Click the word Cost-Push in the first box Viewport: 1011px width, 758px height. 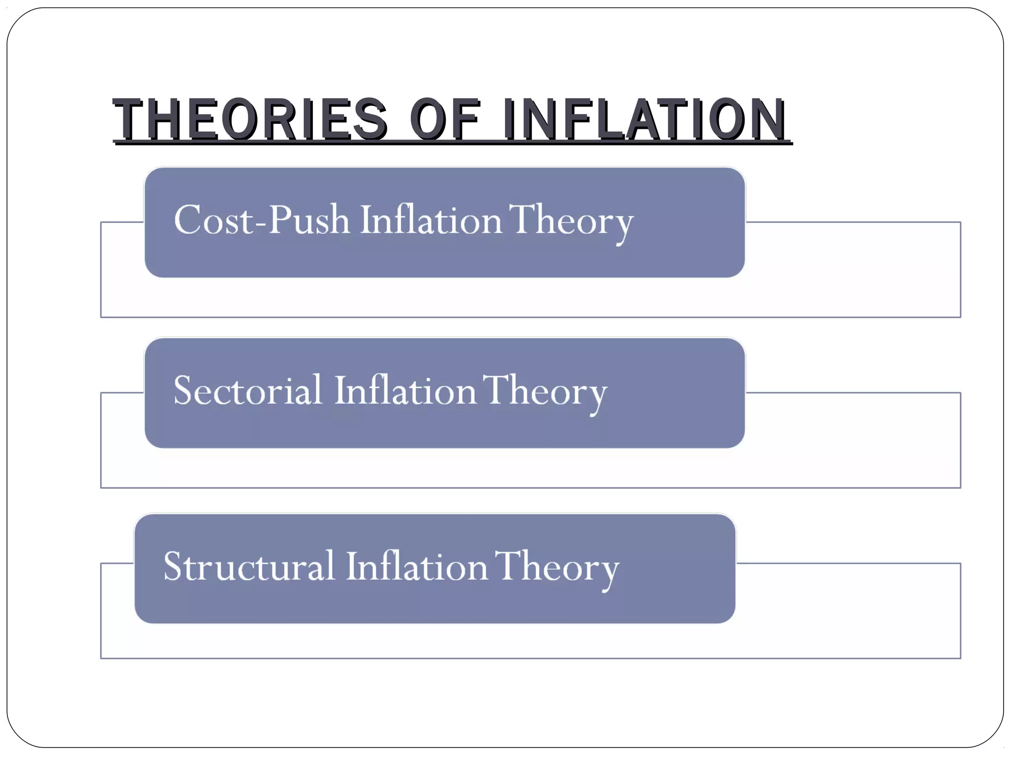pyautogui.click(x=262, y=220)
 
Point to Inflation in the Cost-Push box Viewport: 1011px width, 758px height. pyautogui.click(x=431, y=220)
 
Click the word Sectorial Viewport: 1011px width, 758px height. pyautogui.click(x=248, y=390)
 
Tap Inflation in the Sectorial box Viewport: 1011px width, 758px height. pyautogui.click(x=405, y=390)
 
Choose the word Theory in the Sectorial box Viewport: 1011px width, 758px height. pyautogui.click(x=544, y=392)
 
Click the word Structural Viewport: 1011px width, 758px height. pyautogui.click(x=249, y=566)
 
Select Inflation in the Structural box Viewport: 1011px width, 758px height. pyautogui.click(x=417, y=566)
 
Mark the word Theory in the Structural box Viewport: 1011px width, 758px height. pyautogui.click(x=556, y=568)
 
